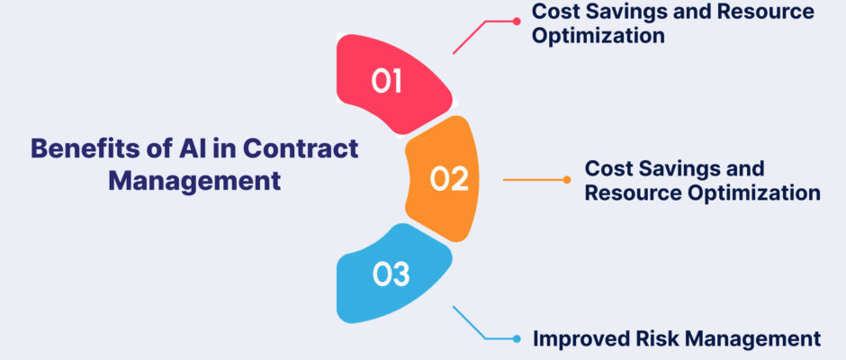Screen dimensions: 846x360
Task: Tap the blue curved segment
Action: pos(392,274)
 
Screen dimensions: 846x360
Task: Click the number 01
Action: pos(387,82)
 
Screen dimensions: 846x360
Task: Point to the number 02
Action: pos(449,179)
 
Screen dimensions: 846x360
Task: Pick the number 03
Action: pos(391,274)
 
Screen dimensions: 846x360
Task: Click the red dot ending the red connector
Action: pos(517,22)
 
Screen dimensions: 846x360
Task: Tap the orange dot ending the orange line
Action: pos(567,180)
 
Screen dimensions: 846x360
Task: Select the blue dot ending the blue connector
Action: pos(517,339)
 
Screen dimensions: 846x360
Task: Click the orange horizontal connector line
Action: pos(534,180)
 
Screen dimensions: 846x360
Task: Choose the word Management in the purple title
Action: pos(194,181)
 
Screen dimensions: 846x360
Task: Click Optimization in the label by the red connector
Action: pos(598,36)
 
